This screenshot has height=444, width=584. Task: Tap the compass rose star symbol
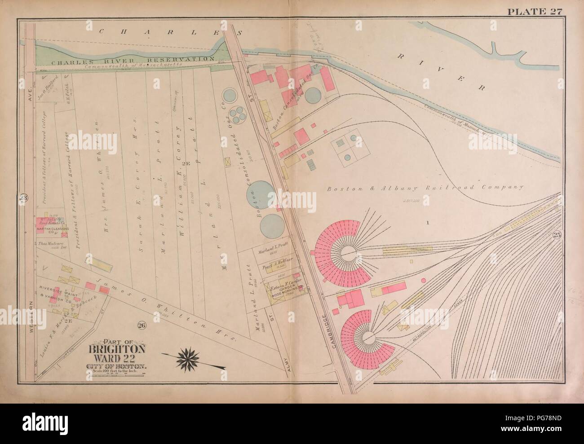pyautogui.click(x=189, y=358)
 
